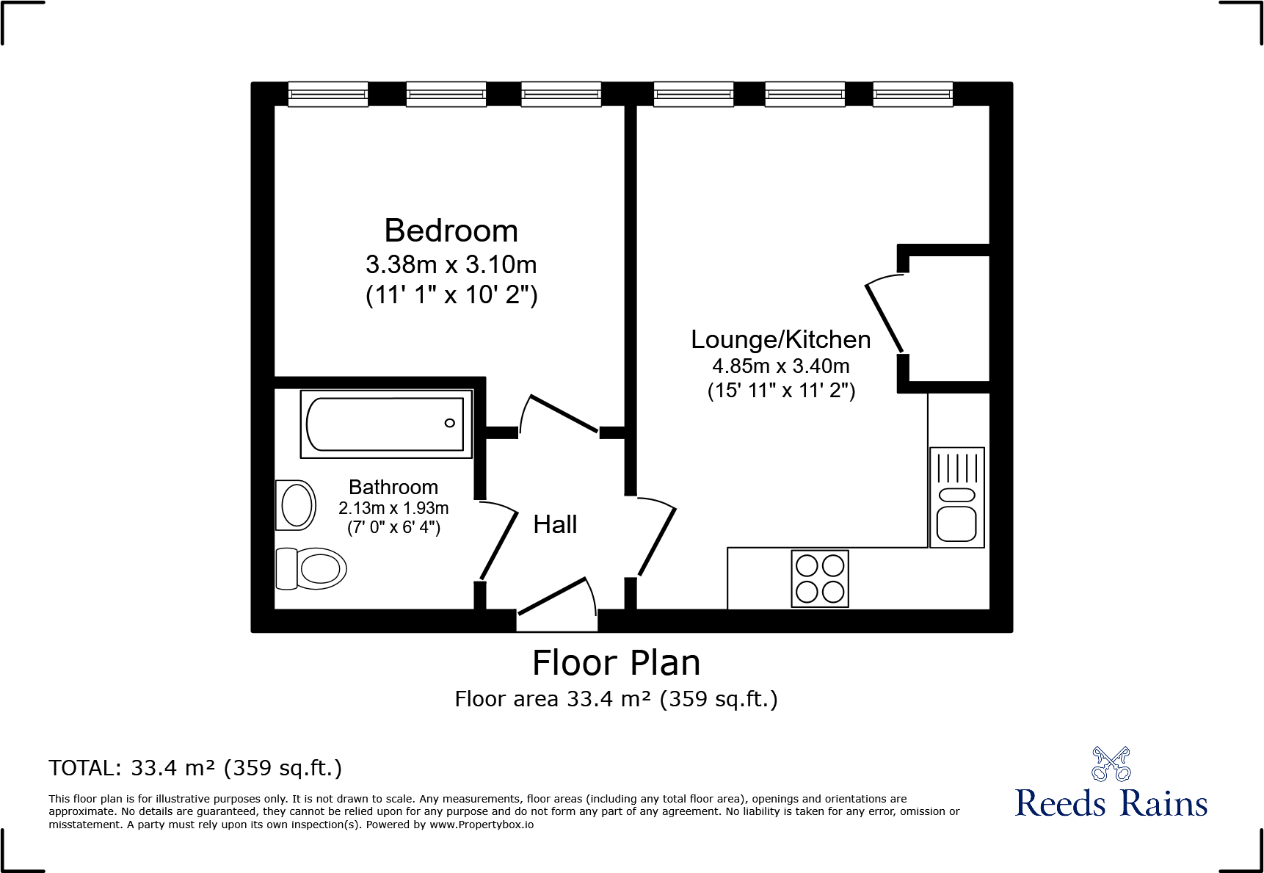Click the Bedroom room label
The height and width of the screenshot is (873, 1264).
tap(451, 231)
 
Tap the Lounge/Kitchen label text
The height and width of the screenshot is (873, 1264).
tap(780, 340)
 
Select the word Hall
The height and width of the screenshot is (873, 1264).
tap(555, 525)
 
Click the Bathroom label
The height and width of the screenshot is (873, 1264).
tap(393, 488)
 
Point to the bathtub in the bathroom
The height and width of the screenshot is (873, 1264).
tap(385, 424)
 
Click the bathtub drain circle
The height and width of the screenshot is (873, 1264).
tap(450, 423)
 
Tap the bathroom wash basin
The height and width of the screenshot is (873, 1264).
tap(296, 505)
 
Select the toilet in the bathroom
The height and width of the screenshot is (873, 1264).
tap(312, 568)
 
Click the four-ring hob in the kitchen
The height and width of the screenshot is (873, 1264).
tap(820, 579)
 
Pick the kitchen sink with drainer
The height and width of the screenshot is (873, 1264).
tap(956, 497)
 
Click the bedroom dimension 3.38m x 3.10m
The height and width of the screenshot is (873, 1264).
tap(451, 264)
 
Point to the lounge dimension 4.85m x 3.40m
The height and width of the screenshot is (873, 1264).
tap(780, 366)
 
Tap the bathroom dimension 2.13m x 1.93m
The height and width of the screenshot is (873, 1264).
tap(393, 508)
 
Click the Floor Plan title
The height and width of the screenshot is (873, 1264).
tap(616, 663)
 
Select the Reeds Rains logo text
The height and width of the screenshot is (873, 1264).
tap(1111, 803)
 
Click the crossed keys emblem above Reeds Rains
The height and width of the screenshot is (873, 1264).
tap(1111, 764)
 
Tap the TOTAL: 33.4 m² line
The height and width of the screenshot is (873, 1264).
tap(195, 768)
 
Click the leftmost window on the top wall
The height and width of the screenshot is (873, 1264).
tap(328, 94)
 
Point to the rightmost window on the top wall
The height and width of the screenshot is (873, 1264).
tap(912, 94)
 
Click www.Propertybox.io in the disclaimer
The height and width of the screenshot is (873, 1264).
tap(482, 825)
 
